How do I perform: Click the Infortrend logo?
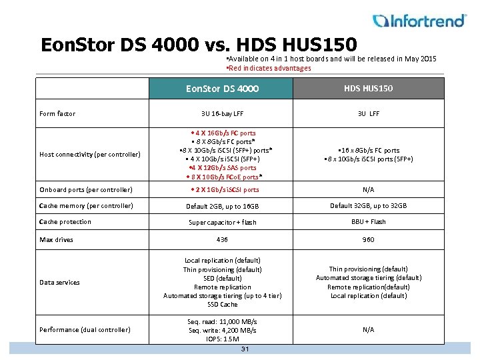coord(419,21)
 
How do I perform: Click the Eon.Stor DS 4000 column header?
coord(223,89)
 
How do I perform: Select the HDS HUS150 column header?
coord(368,88)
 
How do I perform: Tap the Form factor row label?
coord(57,114)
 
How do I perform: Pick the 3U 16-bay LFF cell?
coord(222,114)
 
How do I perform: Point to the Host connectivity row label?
coord(89,155)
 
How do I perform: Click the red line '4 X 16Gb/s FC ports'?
coord(223,133)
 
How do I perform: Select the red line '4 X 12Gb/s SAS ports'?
coord(223,168)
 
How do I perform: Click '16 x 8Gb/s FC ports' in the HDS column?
coord(369,151)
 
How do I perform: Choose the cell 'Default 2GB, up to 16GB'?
coord(222,207)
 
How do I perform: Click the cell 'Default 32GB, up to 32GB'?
coord(368,206)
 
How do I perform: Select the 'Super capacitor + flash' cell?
coord(222,223)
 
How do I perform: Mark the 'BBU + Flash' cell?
coord(368,222)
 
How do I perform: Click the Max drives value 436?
coord(222,240)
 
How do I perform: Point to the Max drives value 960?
coord(368,240)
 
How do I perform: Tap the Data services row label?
coord(59,283)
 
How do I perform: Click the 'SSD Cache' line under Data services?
coord(222,305)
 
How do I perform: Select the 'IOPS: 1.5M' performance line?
coord(222,339)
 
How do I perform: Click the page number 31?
coord(245,349)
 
